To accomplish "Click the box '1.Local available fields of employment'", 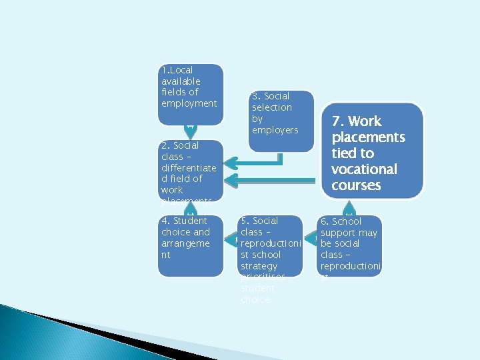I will (x=190, y=94).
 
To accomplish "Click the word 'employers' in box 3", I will (x=275, y=130).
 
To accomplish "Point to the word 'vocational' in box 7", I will (x=364, y=169).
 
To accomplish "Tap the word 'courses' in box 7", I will (x=355, y=185).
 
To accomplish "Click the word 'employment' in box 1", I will (x=189, y=103).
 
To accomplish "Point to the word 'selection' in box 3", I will (x=271, y=107).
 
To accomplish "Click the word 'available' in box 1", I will (x=181, y=81).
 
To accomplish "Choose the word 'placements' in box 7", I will (x=368, y=137).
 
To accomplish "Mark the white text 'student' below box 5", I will (x=257, y=289).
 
